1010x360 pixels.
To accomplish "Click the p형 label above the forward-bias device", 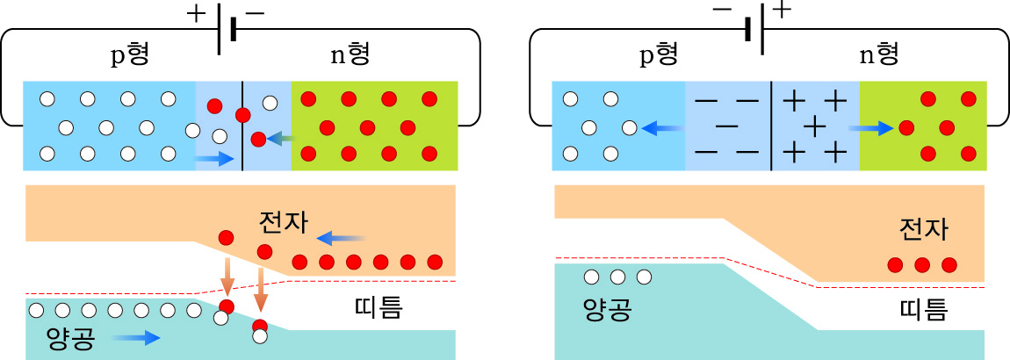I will click(x=129, y=55).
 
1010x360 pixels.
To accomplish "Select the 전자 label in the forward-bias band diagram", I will click(x=283, y=222).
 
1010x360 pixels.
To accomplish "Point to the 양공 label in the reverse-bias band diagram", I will click(x=607, y=309).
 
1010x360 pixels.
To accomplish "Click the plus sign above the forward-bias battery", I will click(x=194, y=13).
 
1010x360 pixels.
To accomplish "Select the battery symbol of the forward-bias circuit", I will click(x=227, y=30).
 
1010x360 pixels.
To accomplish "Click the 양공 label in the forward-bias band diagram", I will click(x=69, y=338).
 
